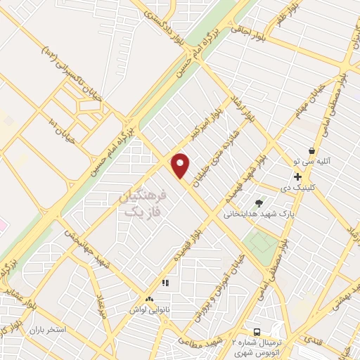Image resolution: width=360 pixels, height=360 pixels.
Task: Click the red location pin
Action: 181,166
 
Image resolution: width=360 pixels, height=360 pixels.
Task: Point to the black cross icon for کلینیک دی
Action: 298,176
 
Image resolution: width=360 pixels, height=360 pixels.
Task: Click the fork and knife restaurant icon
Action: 166,283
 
